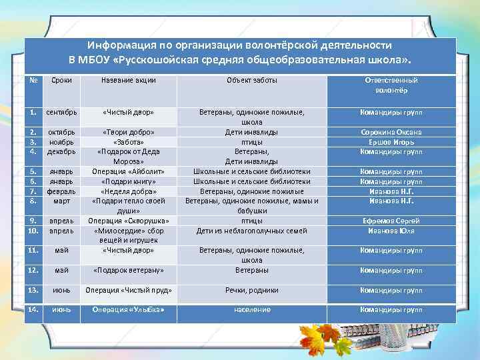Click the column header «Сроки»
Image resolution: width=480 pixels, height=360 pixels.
61,81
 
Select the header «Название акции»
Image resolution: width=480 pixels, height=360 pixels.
129,81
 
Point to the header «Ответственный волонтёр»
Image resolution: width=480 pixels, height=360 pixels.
391,85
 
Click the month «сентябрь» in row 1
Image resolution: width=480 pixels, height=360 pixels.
61,113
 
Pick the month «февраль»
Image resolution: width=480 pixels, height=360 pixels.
61,191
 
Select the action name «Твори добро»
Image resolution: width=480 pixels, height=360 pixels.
129,132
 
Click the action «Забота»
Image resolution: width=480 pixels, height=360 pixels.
129,142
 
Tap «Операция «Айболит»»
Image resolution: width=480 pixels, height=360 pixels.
129,171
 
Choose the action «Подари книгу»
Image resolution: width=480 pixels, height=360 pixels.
129,181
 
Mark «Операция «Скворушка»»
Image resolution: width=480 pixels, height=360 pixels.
129,221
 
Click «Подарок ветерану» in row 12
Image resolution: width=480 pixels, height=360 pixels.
129,271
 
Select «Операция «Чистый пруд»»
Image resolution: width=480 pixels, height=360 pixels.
129,290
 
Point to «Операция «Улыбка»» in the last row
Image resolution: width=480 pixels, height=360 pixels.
129,310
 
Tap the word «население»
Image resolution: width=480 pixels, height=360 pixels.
252,310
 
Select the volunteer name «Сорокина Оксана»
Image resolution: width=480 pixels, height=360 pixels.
391,132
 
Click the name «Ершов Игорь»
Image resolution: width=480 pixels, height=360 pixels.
391,142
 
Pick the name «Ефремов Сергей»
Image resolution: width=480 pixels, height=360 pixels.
391,221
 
